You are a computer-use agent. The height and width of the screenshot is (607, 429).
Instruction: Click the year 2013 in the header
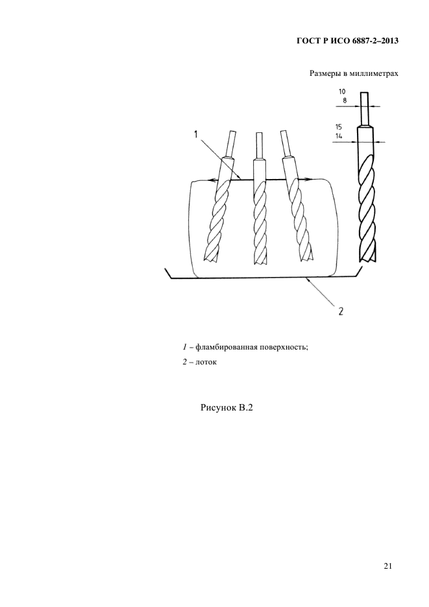point(389,41)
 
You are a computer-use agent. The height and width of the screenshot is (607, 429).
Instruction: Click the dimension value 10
point(342,91)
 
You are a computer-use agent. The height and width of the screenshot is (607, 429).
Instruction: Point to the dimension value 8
point(345,101)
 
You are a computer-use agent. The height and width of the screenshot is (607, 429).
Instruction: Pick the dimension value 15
point(339,127)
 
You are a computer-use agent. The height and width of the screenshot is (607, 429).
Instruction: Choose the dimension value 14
point(339,136)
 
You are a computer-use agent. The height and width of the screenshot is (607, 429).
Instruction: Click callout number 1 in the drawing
point(196,134)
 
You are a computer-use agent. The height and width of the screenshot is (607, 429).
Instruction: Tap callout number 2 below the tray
point(341,311)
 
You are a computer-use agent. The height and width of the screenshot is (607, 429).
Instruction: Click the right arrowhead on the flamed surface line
point(309,179)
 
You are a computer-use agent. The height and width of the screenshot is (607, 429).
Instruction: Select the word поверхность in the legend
point(284,347)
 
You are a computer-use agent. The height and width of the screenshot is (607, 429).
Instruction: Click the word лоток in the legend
point(206,363)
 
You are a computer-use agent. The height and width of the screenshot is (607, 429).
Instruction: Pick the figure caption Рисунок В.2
point(227,408)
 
